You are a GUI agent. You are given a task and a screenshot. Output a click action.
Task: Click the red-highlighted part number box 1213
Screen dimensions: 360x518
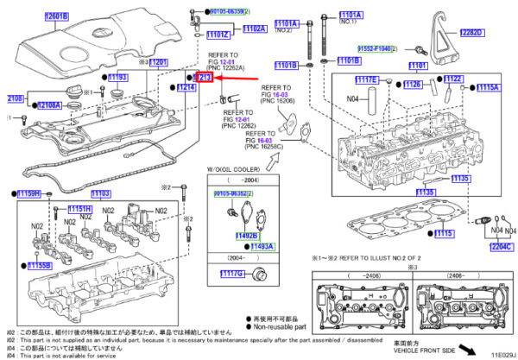[204, 78]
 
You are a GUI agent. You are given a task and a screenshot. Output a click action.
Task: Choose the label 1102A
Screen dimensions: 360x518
[254, 29]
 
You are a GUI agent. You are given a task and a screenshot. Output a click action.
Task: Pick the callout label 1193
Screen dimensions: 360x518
[117, 78]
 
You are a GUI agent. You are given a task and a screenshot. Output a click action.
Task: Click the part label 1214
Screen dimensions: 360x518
[186, 88]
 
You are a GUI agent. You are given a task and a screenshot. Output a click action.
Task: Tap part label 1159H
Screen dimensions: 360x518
[31, 193]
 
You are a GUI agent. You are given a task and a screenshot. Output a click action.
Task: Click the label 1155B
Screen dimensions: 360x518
[40, 266]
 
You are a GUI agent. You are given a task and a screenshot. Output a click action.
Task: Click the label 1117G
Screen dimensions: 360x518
[232, 274]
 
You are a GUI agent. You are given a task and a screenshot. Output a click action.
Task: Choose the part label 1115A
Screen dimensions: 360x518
[488, 87]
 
